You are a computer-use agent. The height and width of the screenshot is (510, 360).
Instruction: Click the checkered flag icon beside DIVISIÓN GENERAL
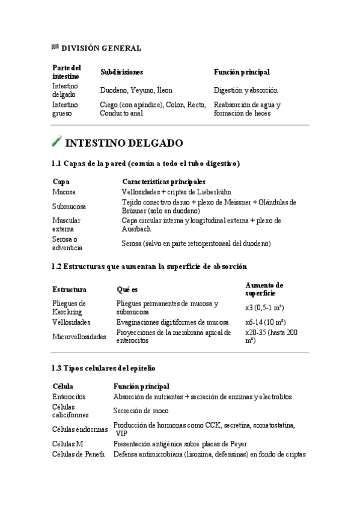55,48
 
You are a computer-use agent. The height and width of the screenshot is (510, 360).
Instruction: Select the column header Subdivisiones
121,72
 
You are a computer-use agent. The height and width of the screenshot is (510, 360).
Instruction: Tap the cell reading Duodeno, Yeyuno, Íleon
135,90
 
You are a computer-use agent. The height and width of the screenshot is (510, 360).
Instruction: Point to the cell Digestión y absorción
245,90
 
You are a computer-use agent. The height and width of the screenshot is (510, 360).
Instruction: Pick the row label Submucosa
69,206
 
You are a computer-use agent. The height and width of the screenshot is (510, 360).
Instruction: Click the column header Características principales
163,181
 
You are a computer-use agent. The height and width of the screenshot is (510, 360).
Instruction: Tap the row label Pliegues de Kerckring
69,307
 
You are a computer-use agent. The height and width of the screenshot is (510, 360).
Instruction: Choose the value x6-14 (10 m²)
265,322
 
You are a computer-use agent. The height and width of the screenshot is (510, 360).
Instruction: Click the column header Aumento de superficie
264,289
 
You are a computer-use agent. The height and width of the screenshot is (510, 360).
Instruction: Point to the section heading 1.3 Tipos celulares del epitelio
104,367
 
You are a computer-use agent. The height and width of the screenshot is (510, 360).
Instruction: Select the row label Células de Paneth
78,454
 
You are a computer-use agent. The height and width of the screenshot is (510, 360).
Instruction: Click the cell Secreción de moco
141,411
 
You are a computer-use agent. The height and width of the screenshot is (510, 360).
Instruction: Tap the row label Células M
68,444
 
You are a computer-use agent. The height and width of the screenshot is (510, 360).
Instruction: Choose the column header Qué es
127,289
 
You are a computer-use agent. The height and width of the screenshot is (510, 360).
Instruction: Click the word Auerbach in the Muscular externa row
136,229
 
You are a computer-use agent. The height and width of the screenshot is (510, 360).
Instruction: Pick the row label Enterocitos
69,397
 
